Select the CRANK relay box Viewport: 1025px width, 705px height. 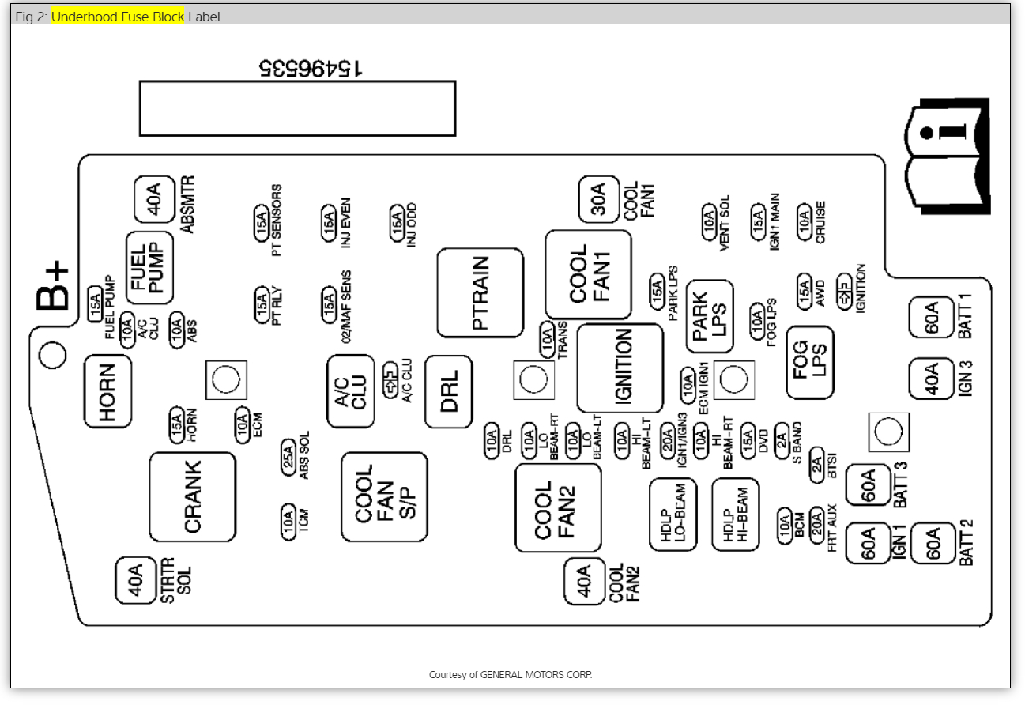(x=192, y=496)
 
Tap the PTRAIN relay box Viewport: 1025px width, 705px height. (x=480, y=292)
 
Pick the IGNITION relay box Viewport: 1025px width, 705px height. (x=620, y=368)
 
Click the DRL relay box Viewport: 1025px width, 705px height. (x=448, y=391)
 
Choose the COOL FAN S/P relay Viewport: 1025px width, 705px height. (x=384, y=496)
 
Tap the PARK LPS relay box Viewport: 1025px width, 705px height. (x=710, y=316)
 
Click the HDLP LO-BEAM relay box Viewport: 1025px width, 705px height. (x=673, y=514)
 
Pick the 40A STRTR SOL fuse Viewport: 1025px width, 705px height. (x=136, y=581)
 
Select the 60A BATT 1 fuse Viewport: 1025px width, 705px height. (x=931, y=318)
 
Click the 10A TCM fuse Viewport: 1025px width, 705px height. (x=288, y=521)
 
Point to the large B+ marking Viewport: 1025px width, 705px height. (x=54, y=286)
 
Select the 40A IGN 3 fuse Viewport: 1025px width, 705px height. (x=931, y=378)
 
